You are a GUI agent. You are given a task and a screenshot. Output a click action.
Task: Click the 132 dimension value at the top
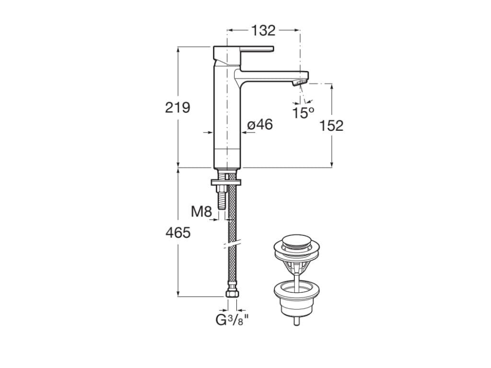(263, 31)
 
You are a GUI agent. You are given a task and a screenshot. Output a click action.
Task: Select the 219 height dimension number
(177, 108)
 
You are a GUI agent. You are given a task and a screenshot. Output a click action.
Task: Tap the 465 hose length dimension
(178, 233)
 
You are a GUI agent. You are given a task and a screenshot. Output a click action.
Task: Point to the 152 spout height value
(331, 126)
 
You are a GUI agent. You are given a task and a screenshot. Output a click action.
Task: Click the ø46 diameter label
(260, 125)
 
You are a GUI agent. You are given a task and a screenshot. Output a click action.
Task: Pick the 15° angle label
(304, 113)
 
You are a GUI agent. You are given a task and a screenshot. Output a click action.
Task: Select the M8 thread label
(201, 211)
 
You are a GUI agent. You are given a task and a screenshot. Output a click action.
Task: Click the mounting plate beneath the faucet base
(225, 182)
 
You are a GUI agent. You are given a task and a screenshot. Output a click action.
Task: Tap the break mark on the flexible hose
(231, 246)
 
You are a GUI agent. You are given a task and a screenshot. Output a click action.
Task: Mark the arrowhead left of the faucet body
(209, 133)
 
